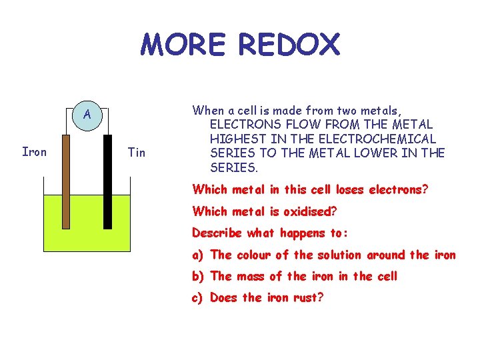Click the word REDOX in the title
tap(288, 45)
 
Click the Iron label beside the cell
tap(35, 152)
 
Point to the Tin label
tap(136, 153)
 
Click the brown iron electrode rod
tap(65, 180)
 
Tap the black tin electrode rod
tap(107, 180)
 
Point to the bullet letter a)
tap(198, 255)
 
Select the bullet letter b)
tap(198, 276)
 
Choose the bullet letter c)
tap(198, 297)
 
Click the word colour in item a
tap(255, 255)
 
